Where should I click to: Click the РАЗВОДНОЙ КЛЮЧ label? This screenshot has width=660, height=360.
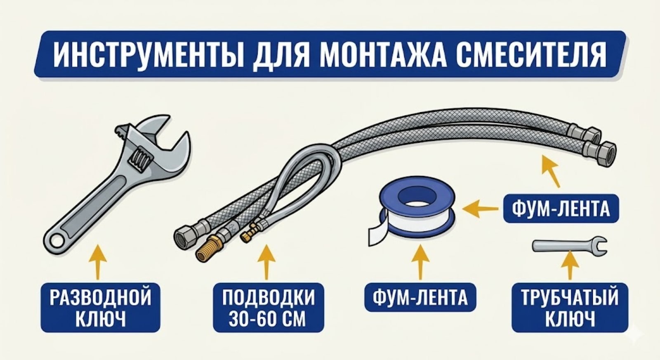tap(100, 307)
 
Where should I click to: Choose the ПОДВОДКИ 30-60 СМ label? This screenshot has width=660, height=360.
tap(268, 307)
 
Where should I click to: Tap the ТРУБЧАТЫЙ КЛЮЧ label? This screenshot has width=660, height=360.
tap(570, 307)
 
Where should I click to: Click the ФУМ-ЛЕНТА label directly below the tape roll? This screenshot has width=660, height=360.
tap(420, 297)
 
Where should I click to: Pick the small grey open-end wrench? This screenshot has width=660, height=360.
tap(569, 245)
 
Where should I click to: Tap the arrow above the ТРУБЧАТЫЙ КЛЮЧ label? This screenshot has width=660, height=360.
tap(570, 266)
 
